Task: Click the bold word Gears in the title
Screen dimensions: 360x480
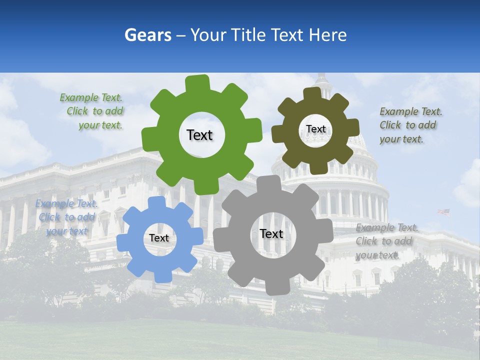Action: pyautogui.click(x=147, y=35)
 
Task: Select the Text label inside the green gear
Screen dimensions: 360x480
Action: pyautogui.click(x=199, y=135)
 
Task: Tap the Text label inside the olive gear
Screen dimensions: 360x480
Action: pyautogui.click(x=315, y=129)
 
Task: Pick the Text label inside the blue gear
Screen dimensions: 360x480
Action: pyautogui.click(x=159, y=238)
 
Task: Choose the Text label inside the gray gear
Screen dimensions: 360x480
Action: pyautogui.click(x=271, y=234)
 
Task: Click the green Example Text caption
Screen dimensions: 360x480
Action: pyautogui.click(x=91, y=111)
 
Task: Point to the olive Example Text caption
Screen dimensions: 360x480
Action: pyautogui.click(x=410, y=125)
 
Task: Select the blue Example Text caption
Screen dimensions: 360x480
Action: pyautogui.click(x=66, y=217)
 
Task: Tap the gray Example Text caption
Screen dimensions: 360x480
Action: pyautogui.click(x=386, y=241)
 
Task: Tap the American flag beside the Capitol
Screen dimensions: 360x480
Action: pyautogui.click(x=443, y=212)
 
